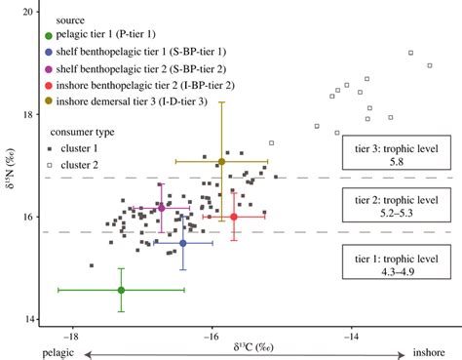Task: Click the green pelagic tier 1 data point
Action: pyautogui.click(x=121, y=290)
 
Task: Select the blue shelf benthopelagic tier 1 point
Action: pyautogui.click(x=183, y=243)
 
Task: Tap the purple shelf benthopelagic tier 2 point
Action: pyautogui.click(x=160, y=208)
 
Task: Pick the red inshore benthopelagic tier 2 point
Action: pyautogui.click(x=234, y=217)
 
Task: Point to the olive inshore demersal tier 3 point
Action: pyautogui.click(x=222, y=161)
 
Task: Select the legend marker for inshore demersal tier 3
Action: pyautogui.click(x=50, y=100)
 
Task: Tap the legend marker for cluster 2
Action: pyautogui.click(x=50, y=165)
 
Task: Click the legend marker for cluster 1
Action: pyautogui.click(x=50, y=149)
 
